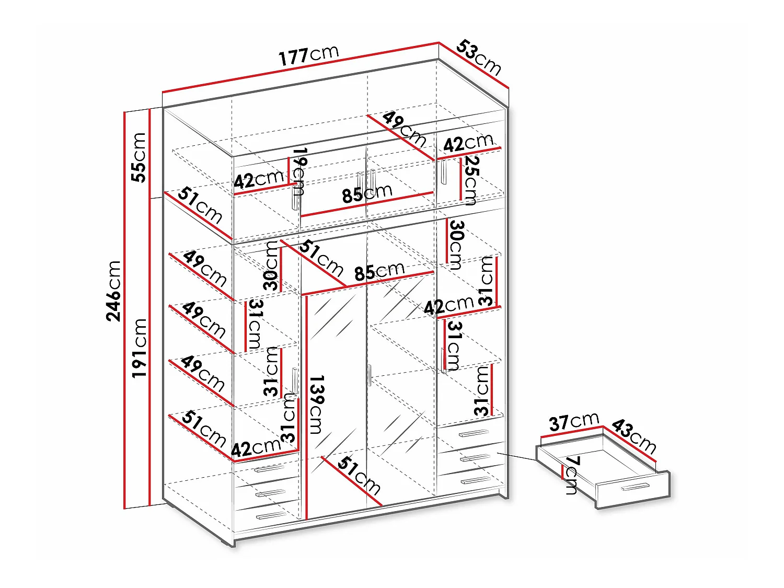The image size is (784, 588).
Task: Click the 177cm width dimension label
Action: pos(308,56)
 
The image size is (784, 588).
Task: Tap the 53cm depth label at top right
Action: pos(479,57)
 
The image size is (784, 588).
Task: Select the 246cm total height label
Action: pos(113,291)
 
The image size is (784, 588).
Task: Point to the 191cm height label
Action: pos(139,348)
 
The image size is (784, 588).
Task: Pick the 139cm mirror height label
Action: pos(316,404)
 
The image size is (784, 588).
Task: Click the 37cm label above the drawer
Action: pos(574,422)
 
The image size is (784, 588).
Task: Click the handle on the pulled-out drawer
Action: pos(635,486)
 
